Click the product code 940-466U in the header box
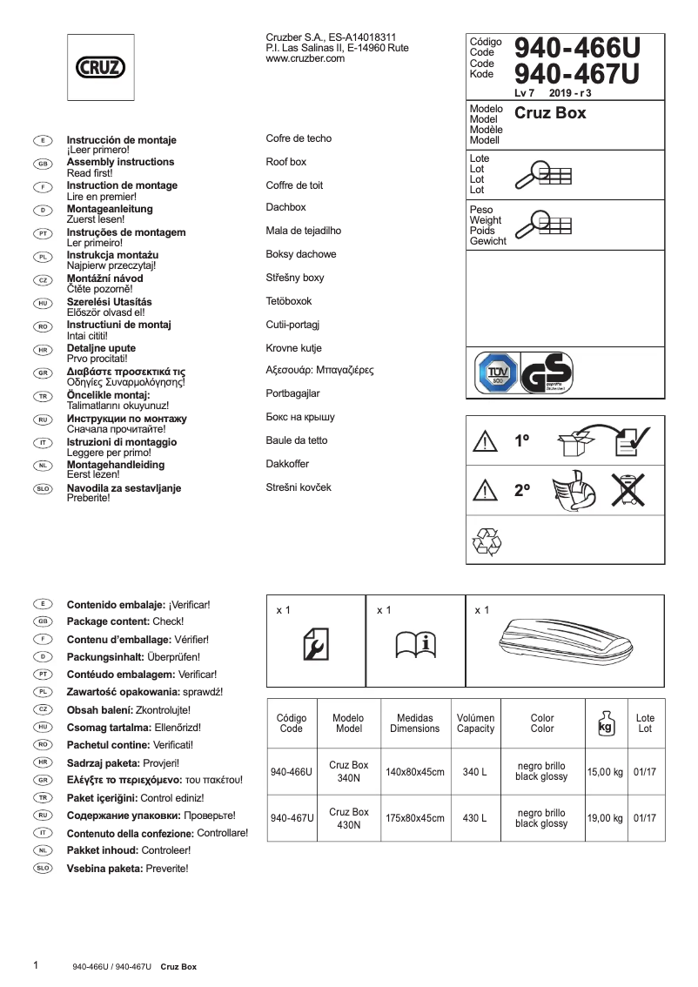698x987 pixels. pyautogui.click(x=577, y=49)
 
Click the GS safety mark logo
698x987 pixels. pyautogui.click(x=547, y=375)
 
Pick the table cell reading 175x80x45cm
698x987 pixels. pyautogui.click(x=414, y=818)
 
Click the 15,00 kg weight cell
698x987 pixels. pyautogui.click(x=605, y=771)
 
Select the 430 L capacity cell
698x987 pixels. pyautogui.click(x=475, y=818)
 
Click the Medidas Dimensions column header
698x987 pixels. pyautogui.click(x=414, y=723)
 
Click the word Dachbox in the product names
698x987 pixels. pyautogui.click(x=285, y=208)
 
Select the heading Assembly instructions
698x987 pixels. pyautogui.click(x=120, y=162)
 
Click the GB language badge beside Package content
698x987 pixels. pyautogui.click(x=43, y=621)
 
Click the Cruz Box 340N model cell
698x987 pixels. pyautogui.click(x=348, y=771)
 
